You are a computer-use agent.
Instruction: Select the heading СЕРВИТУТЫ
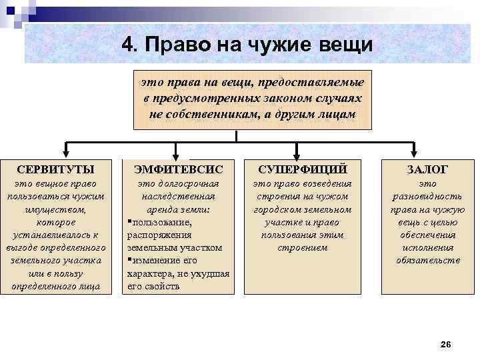pyautogui.click(x=55, y=169)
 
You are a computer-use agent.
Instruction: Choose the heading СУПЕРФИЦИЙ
pyautogui.click(x=302, y=169)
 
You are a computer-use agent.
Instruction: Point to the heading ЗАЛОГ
pyautogui.click(x=427, y=169)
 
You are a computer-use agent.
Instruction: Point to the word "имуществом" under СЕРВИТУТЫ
pyautogui.click(x=55, y=209)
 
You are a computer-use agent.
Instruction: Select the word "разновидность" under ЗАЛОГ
pyautogui.click(x=427, y=196)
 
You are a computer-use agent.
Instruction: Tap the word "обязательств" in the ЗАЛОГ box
pyautogui.click(x=427, y=260)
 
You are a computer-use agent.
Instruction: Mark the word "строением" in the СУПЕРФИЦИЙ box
pyautogui.click(x=302, y=247)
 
